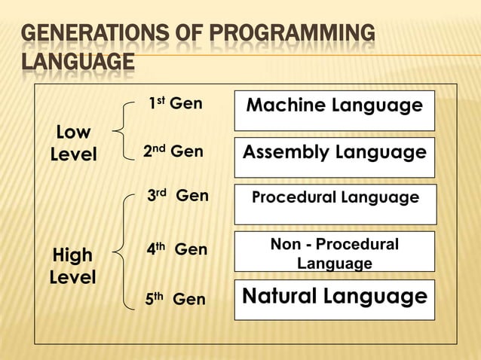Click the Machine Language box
pos(334,110)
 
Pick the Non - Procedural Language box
pos(334,252)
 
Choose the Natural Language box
pos(334,299)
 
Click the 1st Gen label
pos(175,104)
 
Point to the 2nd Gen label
pos(173,152)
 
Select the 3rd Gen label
pos(177,197)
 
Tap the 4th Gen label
pos(176,249)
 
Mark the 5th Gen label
pos(175,300)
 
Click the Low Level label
pos(73,144)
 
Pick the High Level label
pos(72,266)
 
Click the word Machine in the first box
pos(289,105)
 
